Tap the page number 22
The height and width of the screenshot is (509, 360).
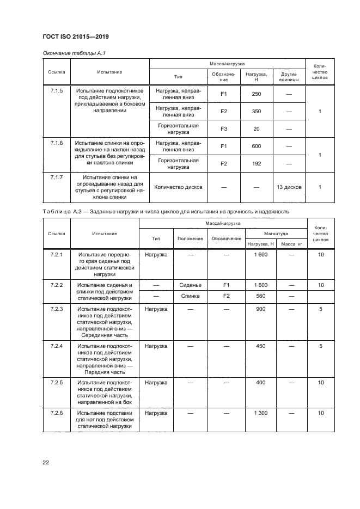[46, 463]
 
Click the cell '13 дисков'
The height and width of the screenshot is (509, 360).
[289, 187]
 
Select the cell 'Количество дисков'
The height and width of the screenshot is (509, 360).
[179, 187]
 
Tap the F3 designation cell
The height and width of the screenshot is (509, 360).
[223, 129]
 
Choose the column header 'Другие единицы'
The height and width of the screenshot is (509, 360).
[289, 76]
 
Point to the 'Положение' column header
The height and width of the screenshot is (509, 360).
[191, 238]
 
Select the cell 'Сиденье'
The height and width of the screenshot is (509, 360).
[191, 285]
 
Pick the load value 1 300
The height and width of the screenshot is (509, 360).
[260, 414]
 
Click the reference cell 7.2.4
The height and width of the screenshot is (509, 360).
[57, 346]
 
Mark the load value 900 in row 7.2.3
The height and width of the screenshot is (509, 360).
[260, 309]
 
